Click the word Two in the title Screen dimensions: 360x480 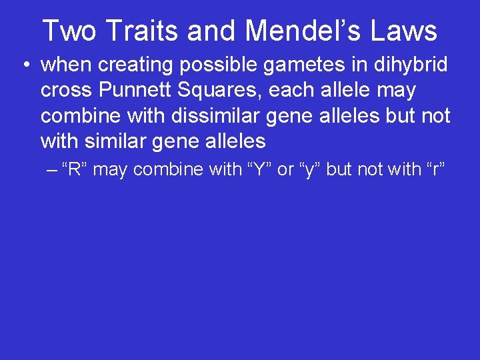(69, 31)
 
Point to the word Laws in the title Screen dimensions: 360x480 (409, 31)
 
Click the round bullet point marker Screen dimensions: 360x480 (25, 65)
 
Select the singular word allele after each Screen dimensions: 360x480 (343, 91)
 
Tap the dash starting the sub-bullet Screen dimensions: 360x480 (53, 169)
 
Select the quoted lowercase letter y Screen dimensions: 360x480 (309, 169)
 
